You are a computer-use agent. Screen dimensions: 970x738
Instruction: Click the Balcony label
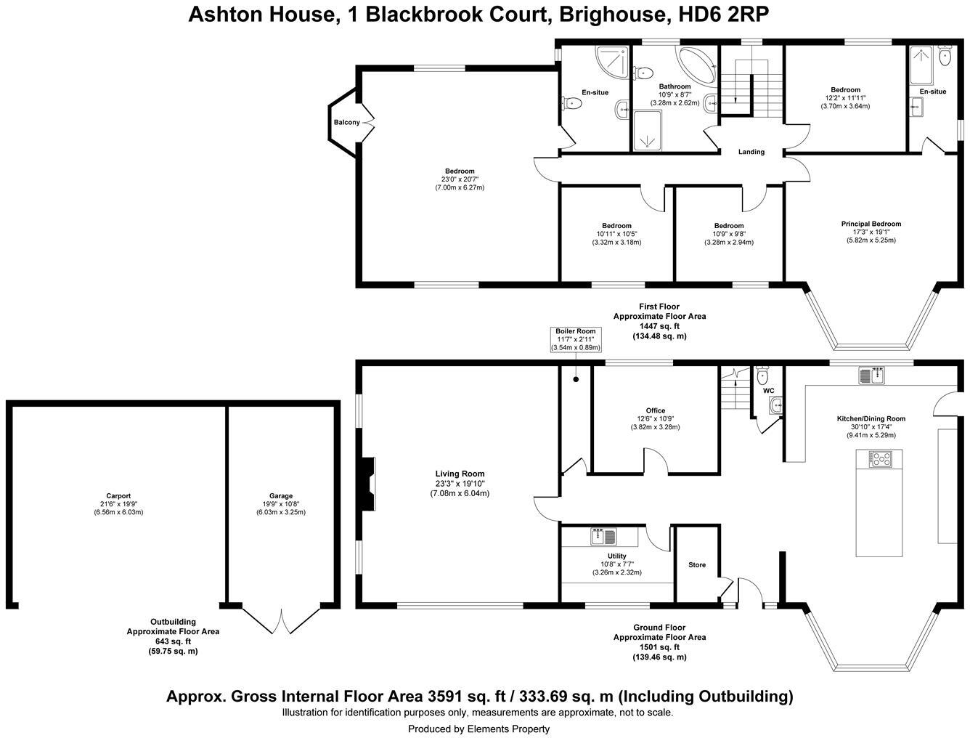346,122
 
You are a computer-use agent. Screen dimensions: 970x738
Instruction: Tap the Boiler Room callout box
576,339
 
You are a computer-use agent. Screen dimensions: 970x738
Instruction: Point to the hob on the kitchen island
880,458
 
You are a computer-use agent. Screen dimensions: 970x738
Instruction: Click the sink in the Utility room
604,537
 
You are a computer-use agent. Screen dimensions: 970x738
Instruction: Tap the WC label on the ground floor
768,391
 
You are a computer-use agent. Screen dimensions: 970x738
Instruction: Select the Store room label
696,565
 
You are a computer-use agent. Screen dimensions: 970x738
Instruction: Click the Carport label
118,496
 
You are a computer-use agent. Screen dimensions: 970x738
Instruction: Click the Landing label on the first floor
751,152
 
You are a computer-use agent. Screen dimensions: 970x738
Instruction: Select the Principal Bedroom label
871,224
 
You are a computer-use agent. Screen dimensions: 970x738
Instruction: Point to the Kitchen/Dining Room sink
870,376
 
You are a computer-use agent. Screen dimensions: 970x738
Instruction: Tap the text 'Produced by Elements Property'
478,729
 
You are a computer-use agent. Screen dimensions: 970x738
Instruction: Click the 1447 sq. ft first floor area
659,326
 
